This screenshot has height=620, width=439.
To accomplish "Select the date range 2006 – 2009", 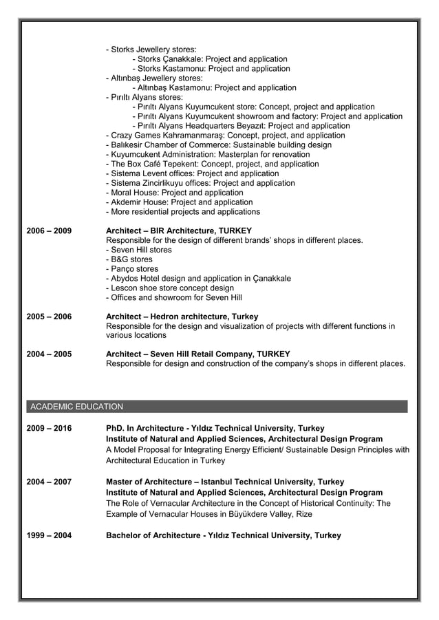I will point(48,231).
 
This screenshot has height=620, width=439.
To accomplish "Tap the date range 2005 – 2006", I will point(48,317).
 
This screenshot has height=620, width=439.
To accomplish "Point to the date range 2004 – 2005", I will point(48,354).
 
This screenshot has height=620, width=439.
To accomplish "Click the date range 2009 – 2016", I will point(48,429).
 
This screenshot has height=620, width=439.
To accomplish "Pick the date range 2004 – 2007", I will point(48,482).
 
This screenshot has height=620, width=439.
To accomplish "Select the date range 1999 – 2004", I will point(48,535).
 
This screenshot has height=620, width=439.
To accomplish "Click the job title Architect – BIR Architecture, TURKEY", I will point(179,231).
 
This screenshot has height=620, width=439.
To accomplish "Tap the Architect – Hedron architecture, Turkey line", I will point(182,317).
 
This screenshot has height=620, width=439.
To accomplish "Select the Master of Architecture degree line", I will point(225,482).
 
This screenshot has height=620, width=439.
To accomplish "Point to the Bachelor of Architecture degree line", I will point(223,535).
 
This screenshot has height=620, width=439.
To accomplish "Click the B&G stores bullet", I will point(129,259).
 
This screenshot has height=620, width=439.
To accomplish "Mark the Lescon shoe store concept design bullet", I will point(170,288).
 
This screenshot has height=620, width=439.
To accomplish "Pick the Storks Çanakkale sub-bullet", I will point(210,59).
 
